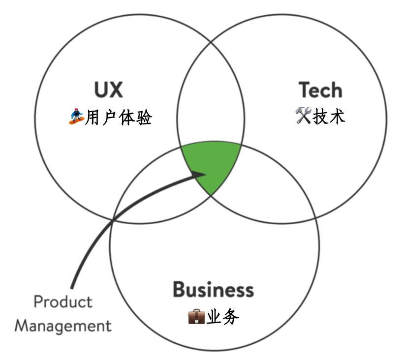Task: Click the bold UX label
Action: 108,90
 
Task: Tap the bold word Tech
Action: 320,90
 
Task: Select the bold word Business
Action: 213,289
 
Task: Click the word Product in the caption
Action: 63,301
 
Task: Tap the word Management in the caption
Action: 63,325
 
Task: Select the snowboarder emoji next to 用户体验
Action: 76,118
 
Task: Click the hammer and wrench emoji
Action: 303,117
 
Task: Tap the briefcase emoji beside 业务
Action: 196,317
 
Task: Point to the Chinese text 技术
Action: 329,117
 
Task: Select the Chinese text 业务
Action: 222,317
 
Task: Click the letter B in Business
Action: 179,289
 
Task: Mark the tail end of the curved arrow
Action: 72,286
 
